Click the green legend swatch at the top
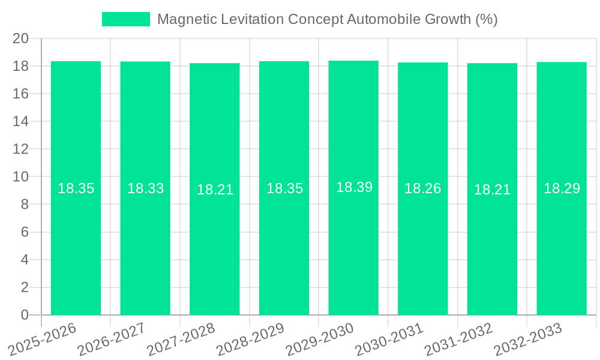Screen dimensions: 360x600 tap(125, 19)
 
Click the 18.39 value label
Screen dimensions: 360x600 tap(354, 187)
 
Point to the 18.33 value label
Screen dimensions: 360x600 tap(145, 188)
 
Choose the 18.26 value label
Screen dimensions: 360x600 tap(422, 188)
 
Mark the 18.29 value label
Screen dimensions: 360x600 tap(562, 188)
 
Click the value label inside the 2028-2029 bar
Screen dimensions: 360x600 tap(284, 188)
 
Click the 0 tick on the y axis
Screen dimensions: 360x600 tap(25, 315)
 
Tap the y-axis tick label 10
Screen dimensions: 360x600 tap(21, 177)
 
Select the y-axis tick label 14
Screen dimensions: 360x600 tap(21, 122)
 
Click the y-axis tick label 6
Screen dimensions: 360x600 tap(25, 232)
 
